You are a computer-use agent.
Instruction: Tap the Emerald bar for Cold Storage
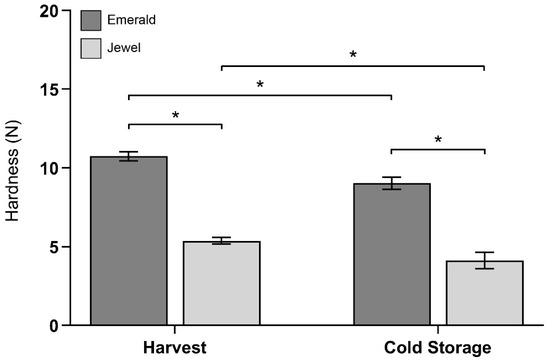coord(391,255)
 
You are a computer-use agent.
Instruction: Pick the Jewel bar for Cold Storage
coord(484,294)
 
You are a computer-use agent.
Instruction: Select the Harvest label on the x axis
coord(174,348)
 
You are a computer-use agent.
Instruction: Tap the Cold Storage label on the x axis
coord(437,348)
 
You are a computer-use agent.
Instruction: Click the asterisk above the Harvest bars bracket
coord(175,116)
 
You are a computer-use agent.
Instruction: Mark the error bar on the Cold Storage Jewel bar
coord(484,260)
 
